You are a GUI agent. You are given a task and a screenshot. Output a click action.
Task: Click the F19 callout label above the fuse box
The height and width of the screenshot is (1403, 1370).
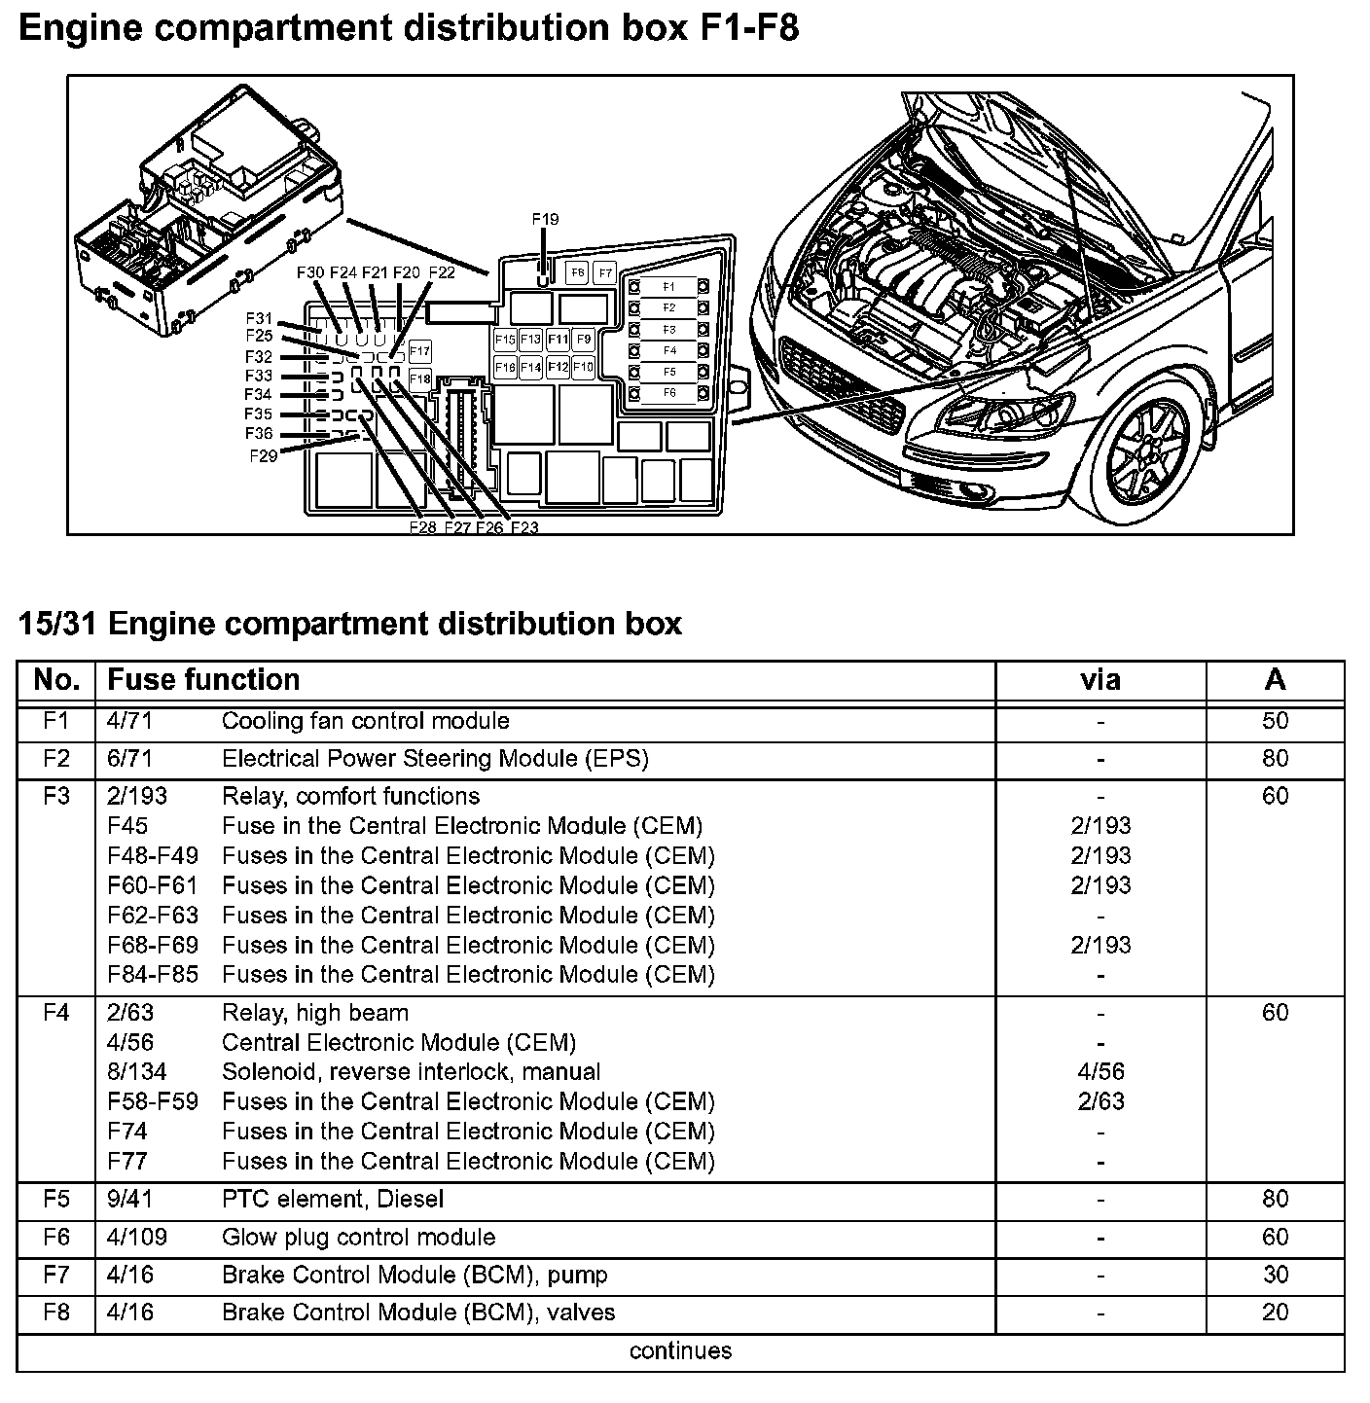tap(545, 220)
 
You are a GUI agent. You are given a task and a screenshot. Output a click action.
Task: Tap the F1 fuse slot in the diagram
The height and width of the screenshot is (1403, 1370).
tap(667, 287)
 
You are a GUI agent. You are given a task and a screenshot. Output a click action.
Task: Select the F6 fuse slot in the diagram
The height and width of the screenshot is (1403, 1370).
tap(667, 393)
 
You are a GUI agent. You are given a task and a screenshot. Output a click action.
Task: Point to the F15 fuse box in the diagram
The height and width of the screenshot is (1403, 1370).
tap(504, 340)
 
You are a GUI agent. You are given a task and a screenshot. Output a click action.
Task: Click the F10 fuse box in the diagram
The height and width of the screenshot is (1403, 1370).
tap(583, 367)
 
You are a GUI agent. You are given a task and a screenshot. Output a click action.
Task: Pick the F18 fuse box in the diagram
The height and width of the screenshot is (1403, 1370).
tap(419, 378)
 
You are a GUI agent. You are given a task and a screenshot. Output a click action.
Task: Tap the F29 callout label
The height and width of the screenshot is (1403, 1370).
tap(263, 454)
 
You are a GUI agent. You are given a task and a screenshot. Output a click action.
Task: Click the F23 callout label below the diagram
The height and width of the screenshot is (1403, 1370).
tap(523, 527)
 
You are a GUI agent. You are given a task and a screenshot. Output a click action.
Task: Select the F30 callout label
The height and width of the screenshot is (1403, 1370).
tap(310, 273)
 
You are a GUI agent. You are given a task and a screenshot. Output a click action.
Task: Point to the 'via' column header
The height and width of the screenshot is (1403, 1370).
tap(1100, 679)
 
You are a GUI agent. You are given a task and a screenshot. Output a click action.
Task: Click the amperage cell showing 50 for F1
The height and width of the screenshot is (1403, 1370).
tap(1275, 721)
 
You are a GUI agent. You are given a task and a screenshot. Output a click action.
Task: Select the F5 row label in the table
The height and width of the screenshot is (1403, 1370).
tap(56, 1200)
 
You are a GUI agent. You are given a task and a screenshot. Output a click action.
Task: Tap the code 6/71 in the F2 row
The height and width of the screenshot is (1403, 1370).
tap(129, 759)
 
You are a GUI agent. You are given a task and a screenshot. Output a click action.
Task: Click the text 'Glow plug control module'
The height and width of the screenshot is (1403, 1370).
tap(358, 1238)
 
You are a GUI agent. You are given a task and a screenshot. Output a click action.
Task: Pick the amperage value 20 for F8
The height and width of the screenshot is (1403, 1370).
tap(1275, 1313)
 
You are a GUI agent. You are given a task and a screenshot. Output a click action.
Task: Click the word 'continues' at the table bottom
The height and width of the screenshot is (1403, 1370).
tap(680, 1350)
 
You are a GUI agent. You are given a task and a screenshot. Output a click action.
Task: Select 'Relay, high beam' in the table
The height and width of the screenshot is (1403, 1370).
tap(315, 1013)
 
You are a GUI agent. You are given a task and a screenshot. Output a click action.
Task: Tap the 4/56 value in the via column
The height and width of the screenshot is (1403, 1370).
tap(1100, 1072)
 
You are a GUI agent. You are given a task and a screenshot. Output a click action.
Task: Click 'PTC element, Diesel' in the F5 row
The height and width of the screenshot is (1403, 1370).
tap(333, 1200)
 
